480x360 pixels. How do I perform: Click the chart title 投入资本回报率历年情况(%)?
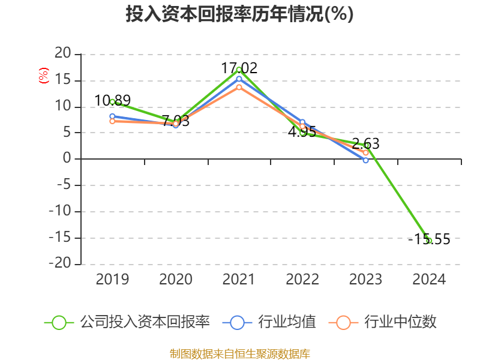point(239,14)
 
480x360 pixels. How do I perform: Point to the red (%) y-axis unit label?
point(43,76)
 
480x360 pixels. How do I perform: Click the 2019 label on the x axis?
point(112,280)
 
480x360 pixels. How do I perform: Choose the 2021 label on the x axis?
point(239,280)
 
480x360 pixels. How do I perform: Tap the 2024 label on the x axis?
point(429,280)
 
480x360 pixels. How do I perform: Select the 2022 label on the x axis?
point(302,280)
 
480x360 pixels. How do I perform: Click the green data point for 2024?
point(429,241)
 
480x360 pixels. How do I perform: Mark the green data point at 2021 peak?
point(239,70)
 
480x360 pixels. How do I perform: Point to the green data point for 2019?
point(112,101)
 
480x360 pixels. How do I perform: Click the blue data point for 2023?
point(365,160)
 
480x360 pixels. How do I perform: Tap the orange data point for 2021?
point(239,87)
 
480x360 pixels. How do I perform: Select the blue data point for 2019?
point(112,116)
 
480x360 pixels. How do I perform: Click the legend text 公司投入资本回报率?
point(145,322)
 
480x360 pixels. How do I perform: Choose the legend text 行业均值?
point(287,322)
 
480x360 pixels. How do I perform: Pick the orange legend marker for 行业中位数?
point(343,322)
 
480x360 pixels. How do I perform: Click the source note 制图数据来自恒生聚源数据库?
point(239,353)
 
